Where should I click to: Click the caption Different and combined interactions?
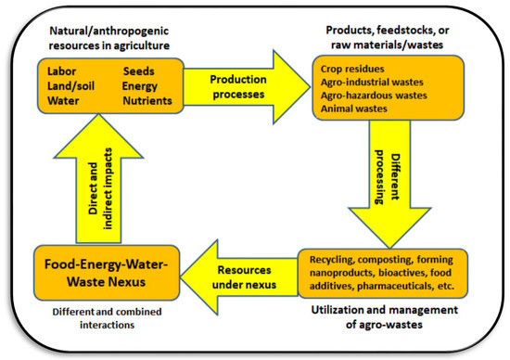click(x=97, y=321)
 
